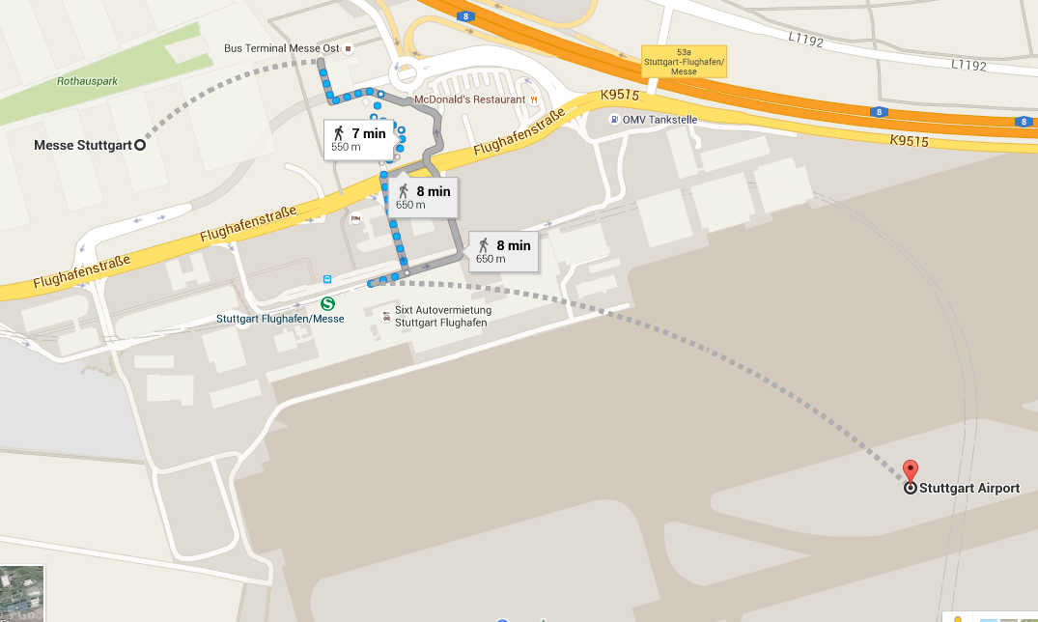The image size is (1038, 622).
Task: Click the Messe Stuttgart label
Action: pos(81,146)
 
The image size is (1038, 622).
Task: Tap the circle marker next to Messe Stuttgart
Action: pos(139,146)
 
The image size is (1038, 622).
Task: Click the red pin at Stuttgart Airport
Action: pos(910,472)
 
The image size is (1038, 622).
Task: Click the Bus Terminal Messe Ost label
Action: pos(280,47)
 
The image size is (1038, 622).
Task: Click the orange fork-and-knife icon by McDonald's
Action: pos(534,99)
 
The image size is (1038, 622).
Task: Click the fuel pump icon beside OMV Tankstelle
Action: pos(615,120)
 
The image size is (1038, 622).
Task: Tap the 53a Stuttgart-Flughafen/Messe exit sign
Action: pos(670,61)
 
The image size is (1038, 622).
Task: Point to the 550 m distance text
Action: pos(346,148)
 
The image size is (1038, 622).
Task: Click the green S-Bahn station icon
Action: pos(328,302)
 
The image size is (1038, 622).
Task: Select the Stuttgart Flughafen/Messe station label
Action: pos(280,319)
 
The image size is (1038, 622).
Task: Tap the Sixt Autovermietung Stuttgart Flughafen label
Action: pos(443,316)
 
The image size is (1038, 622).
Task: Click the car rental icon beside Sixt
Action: pos(386,316)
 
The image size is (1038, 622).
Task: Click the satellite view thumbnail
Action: pos(21,594)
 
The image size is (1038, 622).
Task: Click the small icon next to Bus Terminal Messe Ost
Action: pos(349,47)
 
